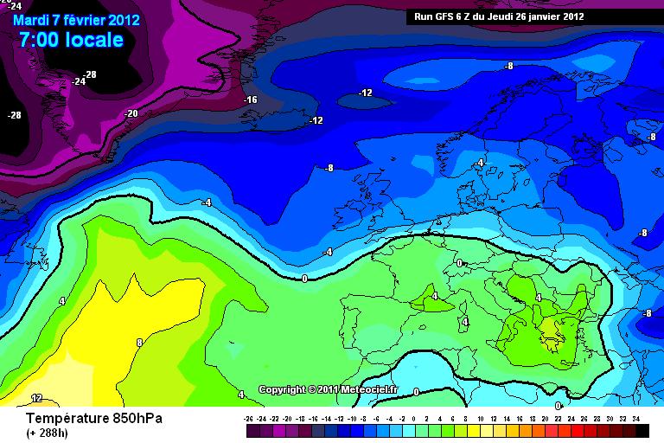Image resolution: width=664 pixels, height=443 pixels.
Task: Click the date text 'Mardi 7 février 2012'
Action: pyautogui.click(x=75, y=19)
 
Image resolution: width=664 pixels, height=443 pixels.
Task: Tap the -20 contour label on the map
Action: pyautogui.click(x=131, y=113)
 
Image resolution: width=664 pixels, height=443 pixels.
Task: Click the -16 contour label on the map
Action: pyautogui.click(x=251, y=100)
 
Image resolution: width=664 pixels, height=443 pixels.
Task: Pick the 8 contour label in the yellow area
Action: pyautogui.click(x=139, y=343)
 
